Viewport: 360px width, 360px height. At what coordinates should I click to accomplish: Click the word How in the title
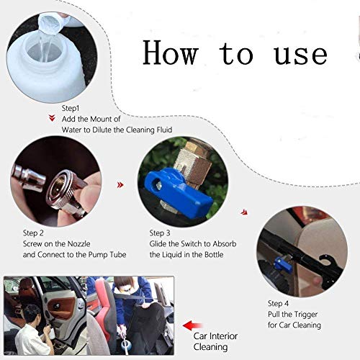point(171,53)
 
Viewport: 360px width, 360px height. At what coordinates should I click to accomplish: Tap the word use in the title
point(301,55)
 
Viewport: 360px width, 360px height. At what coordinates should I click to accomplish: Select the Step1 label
point(71,108)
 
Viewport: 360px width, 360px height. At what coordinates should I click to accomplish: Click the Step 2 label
point(33,233)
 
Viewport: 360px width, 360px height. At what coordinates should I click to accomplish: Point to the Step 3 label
point(160,233)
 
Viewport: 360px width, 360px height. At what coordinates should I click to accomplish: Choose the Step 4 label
point(278,303)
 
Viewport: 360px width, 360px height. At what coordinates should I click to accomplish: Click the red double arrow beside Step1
point(52,118)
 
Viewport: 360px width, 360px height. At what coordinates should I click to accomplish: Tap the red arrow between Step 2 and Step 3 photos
point(120,185)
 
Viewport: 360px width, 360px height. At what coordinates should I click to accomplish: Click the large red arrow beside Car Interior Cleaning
point(192,325)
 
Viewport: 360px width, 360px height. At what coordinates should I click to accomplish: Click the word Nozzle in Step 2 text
point(79,244)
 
